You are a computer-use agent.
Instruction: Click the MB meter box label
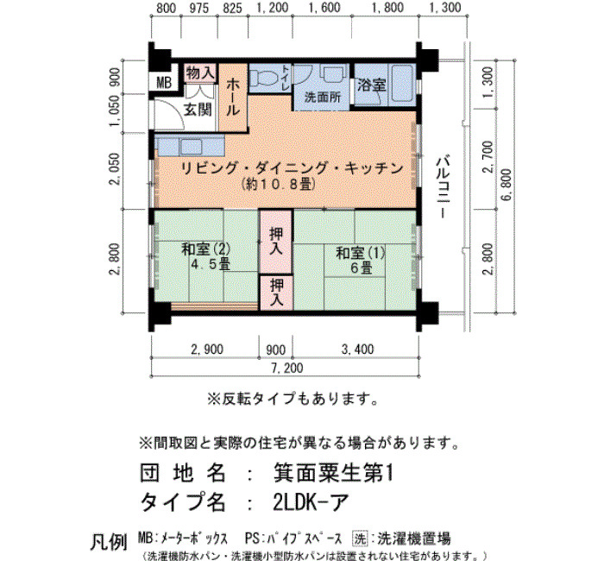point(164,83)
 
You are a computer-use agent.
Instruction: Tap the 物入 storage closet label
point(200,72)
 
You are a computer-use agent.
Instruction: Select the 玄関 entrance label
point(198,110)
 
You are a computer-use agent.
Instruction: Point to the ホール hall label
point(233,97)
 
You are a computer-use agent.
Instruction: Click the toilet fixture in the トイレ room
point(264,77)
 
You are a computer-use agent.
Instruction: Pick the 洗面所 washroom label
point(323,97)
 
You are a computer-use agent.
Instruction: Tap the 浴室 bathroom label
point(371,85)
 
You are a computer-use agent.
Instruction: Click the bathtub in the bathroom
point(403,84)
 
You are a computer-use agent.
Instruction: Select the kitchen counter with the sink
point(190,146)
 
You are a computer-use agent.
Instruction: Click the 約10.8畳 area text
point(279,184)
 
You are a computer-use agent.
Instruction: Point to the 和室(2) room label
point(205,249)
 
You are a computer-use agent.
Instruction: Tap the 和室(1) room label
point(360,253)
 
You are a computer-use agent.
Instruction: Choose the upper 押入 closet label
point(276,241)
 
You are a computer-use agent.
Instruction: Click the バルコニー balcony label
point(443,188)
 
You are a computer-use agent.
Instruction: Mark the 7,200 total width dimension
point(287,368)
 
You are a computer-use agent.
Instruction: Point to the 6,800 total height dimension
point(506,185)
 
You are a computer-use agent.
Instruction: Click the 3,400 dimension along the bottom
point(357,349)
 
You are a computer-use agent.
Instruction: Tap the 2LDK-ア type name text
point(311,502)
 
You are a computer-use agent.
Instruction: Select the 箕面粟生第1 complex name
point(334,473)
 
